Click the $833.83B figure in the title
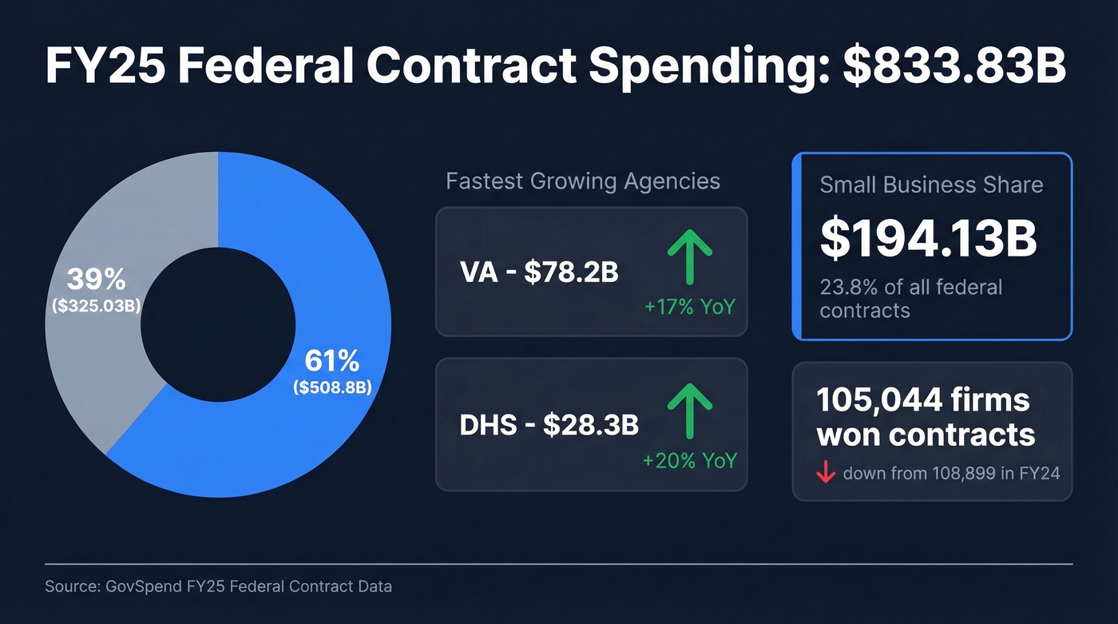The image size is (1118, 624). point(954,66)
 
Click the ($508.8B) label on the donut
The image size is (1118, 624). point(332,388)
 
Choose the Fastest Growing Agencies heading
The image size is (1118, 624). point(583,181)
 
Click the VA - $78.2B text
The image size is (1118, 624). point(539,272)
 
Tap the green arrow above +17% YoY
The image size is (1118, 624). point(688,256)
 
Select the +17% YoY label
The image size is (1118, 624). point(689,306)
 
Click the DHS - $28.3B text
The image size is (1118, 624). point(549,425)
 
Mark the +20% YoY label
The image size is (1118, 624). point(689,461)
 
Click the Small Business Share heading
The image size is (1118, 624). point(931,185)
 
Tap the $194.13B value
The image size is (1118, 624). point(929,238)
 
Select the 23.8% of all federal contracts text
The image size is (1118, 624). point(910,298)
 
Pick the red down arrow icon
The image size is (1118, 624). point(825,473)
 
